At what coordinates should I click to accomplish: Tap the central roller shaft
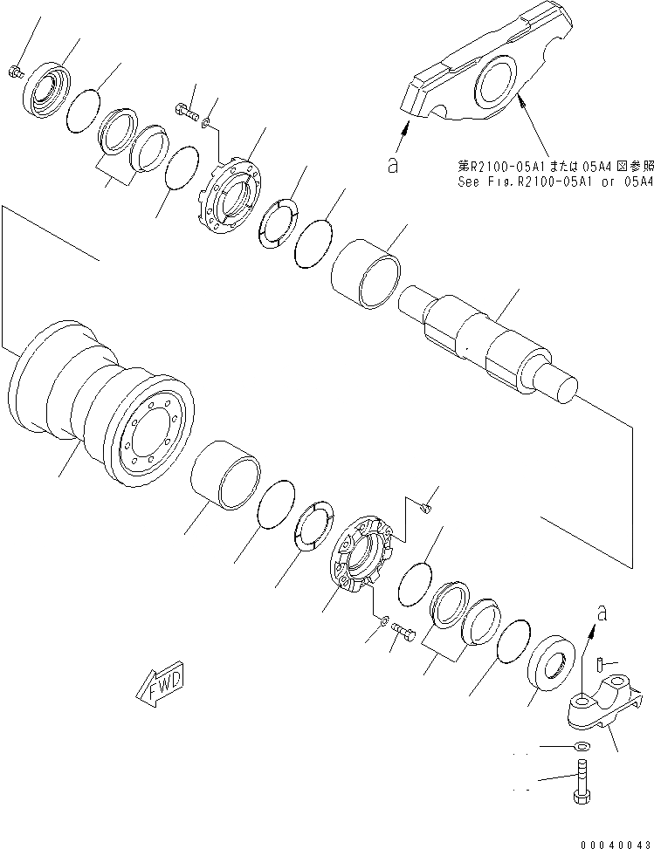coord(489,342)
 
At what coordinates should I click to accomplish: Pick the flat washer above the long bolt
coord(580,748)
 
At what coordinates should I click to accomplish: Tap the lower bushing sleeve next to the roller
coord(225,476)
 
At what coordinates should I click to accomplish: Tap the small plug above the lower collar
coord(427,503)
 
